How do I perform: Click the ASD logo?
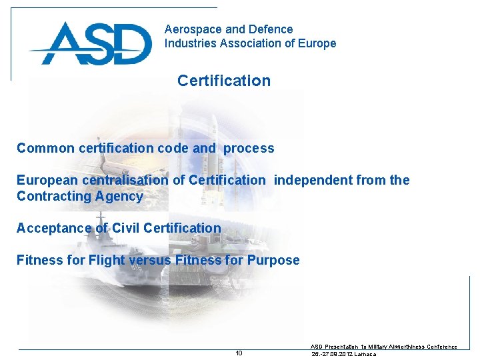pyautogui.click(x=90, y=43)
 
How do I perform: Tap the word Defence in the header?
pyautogui.click(x=270, y=29)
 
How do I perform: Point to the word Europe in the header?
pyautogui.click(x=318, y=43)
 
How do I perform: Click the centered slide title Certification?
pyautogui.click(x=224, y=81)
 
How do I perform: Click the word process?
pyautogui.click(x=249, y=148)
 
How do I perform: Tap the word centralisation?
pyautogui.click(x=126, y=180)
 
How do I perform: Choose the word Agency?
pyautogui.click(x=119, y=196)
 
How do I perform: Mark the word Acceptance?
pyautogui.click(x=53, y=228)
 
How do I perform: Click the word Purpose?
pyautogui.click(x=273, y=260)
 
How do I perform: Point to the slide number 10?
pyautogui.click(x=239, y=353)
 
